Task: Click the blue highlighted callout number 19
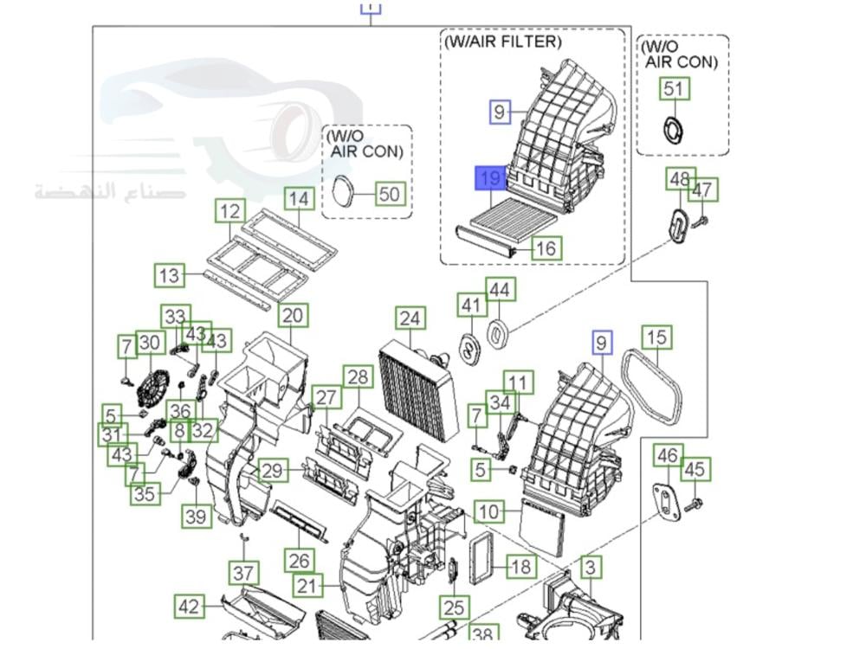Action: point(490,179)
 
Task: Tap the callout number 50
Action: point(391,193)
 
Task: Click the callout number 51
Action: point(673,88)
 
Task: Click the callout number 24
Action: point(410,319)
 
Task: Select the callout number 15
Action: point(656,337)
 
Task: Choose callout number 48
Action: point(679,180)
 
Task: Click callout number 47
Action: point(702,190)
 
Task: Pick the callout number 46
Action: point(666,455)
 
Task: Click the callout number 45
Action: point(695,469)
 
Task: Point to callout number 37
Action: point(243,572)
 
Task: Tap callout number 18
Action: point(521,567)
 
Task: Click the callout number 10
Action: point(489,511)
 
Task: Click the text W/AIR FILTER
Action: point(502,41)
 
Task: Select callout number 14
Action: point(299,199)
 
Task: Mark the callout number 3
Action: point(591,568)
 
